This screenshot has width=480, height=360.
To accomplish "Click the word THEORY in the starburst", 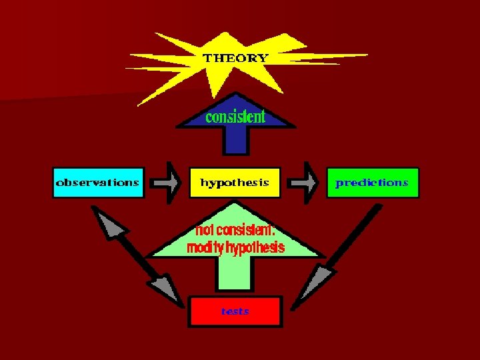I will point(235,58).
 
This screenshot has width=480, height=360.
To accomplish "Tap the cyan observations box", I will point(98,182).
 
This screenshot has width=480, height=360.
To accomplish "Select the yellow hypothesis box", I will point(235,182).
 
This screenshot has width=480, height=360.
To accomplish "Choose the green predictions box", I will point(373,182).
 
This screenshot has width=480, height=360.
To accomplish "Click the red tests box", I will point(235,311).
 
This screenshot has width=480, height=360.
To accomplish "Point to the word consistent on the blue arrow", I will point(235,117).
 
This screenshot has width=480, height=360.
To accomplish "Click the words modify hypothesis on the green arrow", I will point(235,248).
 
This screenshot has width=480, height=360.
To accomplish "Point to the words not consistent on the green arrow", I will point(235,231).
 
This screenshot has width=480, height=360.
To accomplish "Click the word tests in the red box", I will point(235,311).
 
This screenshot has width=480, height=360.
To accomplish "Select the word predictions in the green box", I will point(372,182).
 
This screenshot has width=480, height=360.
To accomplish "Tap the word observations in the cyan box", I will point(98,182).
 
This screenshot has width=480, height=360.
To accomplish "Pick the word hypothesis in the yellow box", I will point(235,182).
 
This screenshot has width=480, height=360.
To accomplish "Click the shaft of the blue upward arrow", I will point(235,141).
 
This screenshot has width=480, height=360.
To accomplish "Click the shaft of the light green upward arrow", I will point(235,273).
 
